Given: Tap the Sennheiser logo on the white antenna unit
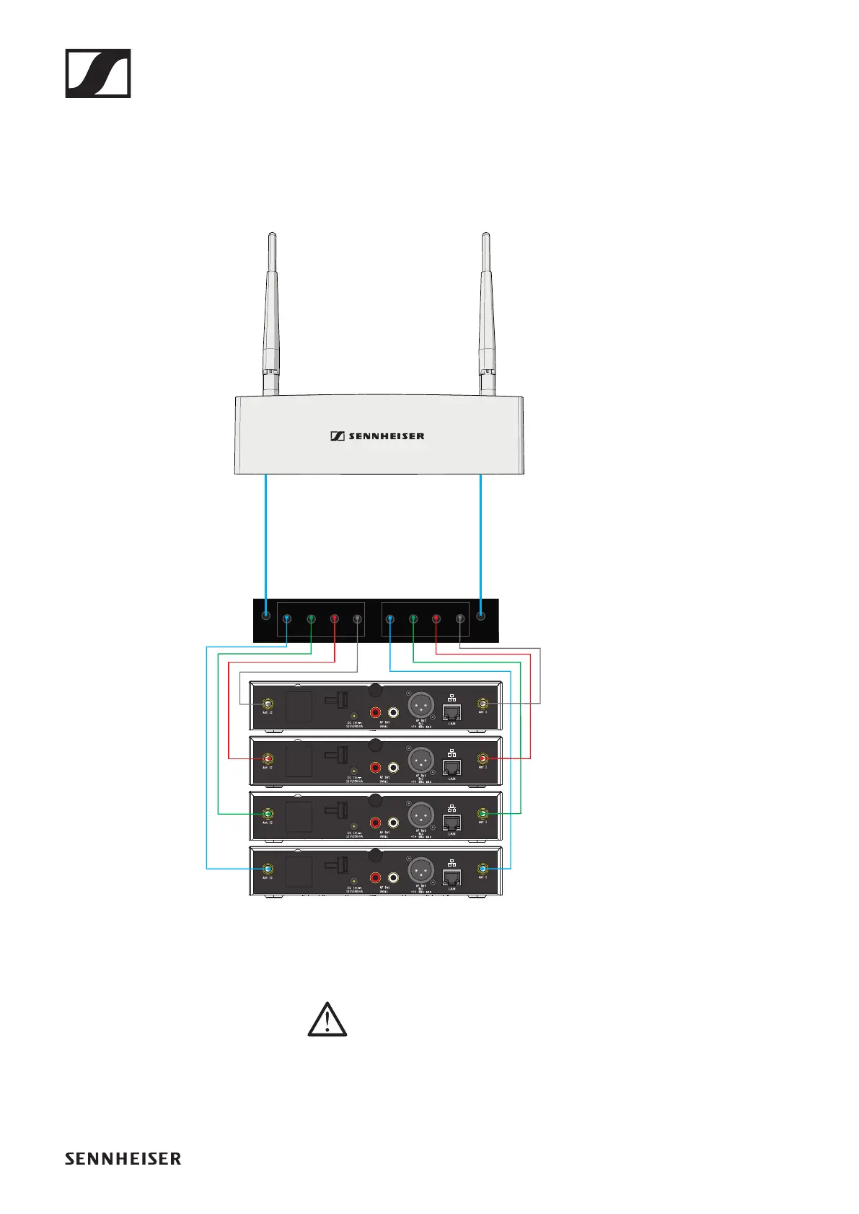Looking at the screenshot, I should coord(377,436).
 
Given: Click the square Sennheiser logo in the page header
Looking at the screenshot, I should coord(98,74).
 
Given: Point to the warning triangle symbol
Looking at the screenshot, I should coord(327,1019).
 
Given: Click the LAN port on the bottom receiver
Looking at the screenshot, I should coord(451,877).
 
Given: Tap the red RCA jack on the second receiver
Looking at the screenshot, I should coord(375,768).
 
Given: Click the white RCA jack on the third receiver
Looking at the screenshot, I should coord(393,823).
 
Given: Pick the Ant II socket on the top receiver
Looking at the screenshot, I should coord(268,704).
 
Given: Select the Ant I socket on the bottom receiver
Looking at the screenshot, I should coord(483,869).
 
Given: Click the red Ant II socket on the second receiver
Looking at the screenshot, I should coord(268,759).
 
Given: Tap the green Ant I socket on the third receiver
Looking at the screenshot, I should coord(483,814).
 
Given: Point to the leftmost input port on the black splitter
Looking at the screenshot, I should coord(266,616).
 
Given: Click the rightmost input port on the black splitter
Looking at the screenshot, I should coord(482,616).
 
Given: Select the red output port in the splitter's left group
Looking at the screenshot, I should coord(335,619).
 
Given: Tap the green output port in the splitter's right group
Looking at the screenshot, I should coord(413,619).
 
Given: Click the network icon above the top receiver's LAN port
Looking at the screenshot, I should coord(451,698).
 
